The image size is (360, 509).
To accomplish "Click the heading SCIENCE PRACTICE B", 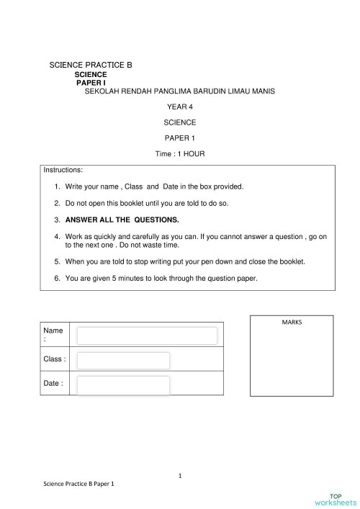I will [x=91, y=65].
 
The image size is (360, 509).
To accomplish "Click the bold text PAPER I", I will [x=91, y=83].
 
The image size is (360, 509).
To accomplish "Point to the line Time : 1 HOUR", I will [x=179, y=154].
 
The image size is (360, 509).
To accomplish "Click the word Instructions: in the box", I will [x=63, y=171].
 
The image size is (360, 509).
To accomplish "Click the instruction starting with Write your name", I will [x=154, y=186].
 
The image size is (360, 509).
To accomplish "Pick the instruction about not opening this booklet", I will [x=147, y=203].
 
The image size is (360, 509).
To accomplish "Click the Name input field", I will [x=147, y=335].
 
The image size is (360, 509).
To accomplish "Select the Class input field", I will [x=123, y=360].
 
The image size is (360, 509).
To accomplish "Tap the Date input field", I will [x=123, y=385].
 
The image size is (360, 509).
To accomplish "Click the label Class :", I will [x=55, y=359].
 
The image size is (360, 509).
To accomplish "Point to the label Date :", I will [x=53, y=384].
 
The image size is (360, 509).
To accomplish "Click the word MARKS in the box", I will [x=292, y=322].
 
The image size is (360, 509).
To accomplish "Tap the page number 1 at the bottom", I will [x=180, y=475].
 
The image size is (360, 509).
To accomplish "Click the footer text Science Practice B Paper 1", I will [x=79, y=485].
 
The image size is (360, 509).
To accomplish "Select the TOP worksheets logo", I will [x=335, y=499].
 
